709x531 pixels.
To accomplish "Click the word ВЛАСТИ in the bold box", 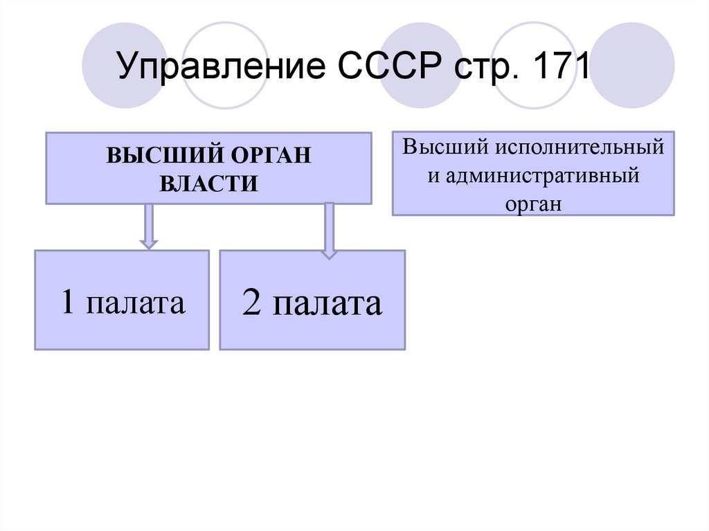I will [208, 183].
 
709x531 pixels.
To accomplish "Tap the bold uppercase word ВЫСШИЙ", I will [165, 154].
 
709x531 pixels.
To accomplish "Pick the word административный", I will [541, 176].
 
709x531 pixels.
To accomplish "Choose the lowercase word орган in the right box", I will [533, 205].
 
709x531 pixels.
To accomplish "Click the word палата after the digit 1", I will [136, 303].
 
